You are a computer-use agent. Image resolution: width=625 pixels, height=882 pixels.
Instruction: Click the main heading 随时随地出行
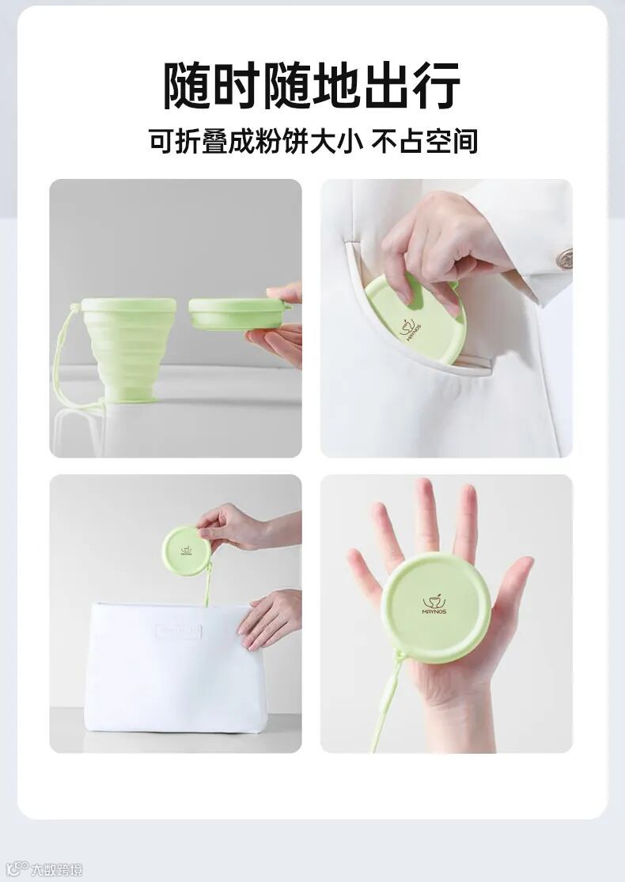click(x=312, y=86)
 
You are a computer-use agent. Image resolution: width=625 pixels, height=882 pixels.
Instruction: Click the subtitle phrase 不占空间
click(x=424, y=141)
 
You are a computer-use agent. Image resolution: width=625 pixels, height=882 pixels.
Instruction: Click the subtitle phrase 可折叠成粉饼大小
click(x=256, y=141)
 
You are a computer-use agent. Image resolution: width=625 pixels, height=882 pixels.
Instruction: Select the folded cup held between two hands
click(x=239, y=314)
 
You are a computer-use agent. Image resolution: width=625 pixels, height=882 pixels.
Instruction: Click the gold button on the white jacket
click(x=564, y=259)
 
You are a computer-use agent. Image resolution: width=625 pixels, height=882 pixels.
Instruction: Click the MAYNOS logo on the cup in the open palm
click(x=434, y=604)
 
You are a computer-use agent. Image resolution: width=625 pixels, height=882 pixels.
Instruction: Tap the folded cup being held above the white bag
click(x=187, y=550)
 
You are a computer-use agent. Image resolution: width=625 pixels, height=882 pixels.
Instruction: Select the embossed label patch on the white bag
click(x=179, y=630)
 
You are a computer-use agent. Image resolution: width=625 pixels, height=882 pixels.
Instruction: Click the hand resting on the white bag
click(x=270, y=618)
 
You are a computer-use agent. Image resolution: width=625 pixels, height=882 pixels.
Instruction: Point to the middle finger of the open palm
click(x=426, y=515)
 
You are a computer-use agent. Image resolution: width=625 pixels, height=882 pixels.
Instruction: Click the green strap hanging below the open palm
click(x=387, y=702)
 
